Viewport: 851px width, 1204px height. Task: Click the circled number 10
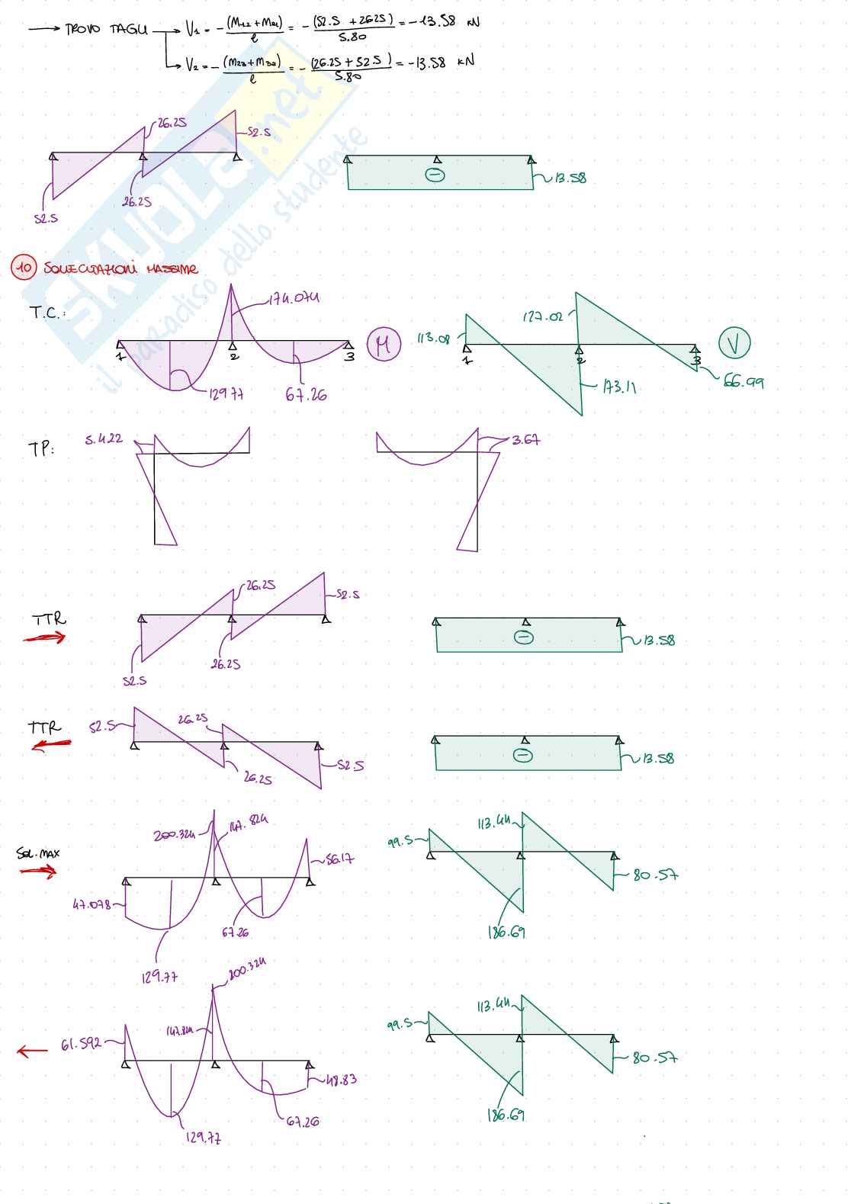24,268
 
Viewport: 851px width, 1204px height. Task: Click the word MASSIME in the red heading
172,269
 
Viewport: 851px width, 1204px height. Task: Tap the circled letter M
383,345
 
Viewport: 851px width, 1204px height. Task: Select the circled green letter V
734,343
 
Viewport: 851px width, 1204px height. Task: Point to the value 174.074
294,298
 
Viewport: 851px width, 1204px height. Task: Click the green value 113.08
433,339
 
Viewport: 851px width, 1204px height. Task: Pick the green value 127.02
543,316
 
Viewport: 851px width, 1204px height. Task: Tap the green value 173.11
619,387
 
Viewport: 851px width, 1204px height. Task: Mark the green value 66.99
743,383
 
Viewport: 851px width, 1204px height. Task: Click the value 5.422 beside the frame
104,439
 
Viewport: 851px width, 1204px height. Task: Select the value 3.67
526,440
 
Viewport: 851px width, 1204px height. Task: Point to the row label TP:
41,449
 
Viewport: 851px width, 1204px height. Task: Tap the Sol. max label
38,853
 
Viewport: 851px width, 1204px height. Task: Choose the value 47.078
92,905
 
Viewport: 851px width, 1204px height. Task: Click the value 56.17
340,859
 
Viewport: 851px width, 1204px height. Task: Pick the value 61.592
82,1044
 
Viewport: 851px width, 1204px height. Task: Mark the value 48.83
341,1080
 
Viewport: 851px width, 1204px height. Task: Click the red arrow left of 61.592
32,1051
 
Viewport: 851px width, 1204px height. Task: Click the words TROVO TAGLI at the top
106,30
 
